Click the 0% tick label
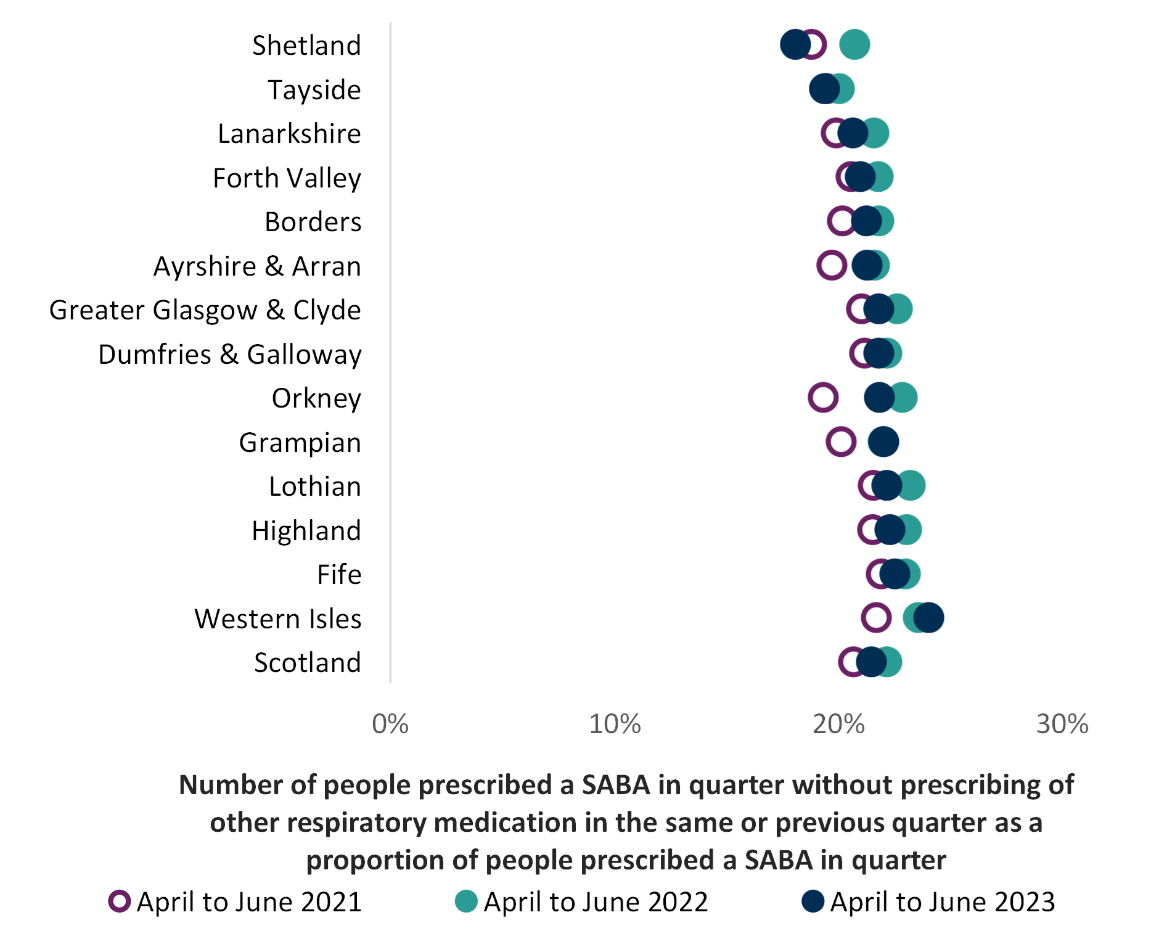coord(390,724)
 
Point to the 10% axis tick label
coord(615,724)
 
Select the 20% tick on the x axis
coord(838,724)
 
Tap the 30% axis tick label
coord(1062,724)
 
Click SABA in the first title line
coord(616,786)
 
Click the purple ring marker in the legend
coord(120,901)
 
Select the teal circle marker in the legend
coord(466,901)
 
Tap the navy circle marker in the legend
coord(813,901)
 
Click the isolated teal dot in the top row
coord(855,44)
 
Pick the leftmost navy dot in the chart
coord(795,44)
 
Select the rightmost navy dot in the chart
coord(929,617)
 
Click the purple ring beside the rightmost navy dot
coord(876,617)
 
